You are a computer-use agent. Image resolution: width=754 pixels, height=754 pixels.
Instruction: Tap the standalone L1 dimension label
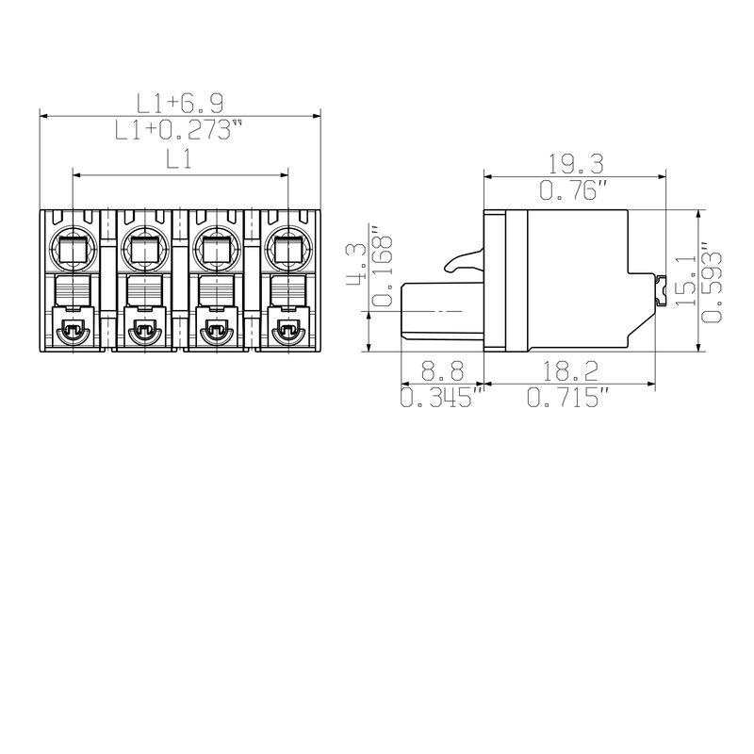click(x=179, y=160)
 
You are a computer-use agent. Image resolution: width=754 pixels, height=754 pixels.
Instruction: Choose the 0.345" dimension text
click(x=442, y=399)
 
